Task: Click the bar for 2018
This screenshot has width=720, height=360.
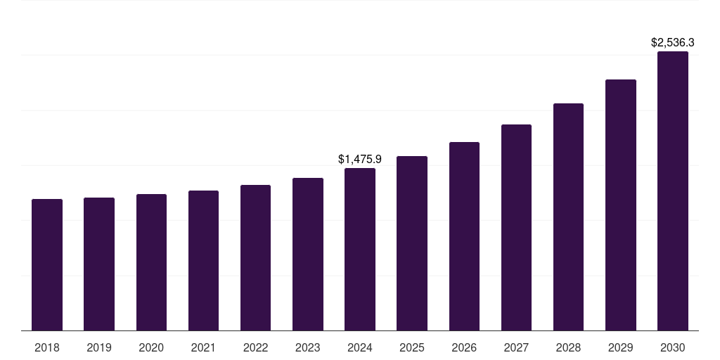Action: (47, 264)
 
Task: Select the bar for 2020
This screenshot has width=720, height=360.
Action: (151, 262)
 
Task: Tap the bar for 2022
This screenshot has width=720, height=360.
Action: (255, 257)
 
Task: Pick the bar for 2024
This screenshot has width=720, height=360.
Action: (360, 249)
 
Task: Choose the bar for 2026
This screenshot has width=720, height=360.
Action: (464, 236)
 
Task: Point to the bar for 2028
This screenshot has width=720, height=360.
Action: (568, 217)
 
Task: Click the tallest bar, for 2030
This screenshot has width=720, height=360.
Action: (673, 191)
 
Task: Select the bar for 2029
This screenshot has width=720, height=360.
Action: (621, 205)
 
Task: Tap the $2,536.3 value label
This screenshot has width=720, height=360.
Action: (673, 43)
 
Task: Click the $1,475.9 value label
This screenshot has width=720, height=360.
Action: (360, 160)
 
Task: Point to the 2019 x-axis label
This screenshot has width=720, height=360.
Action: (99, 347)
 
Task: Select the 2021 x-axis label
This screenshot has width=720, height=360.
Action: (203, 347)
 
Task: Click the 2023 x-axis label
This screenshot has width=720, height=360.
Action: (308, 347)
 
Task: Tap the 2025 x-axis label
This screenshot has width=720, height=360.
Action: (412, 347)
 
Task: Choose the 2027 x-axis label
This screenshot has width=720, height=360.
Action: (516, 347)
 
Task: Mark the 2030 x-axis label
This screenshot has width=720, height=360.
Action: (673, 347)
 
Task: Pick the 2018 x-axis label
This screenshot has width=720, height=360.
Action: (47, 347)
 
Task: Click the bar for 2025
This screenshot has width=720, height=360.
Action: (412, 243)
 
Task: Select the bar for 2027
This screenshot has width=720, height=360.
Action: (516, 227)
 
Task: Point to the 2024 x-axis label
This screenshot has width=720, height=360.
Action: (360, 347)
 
